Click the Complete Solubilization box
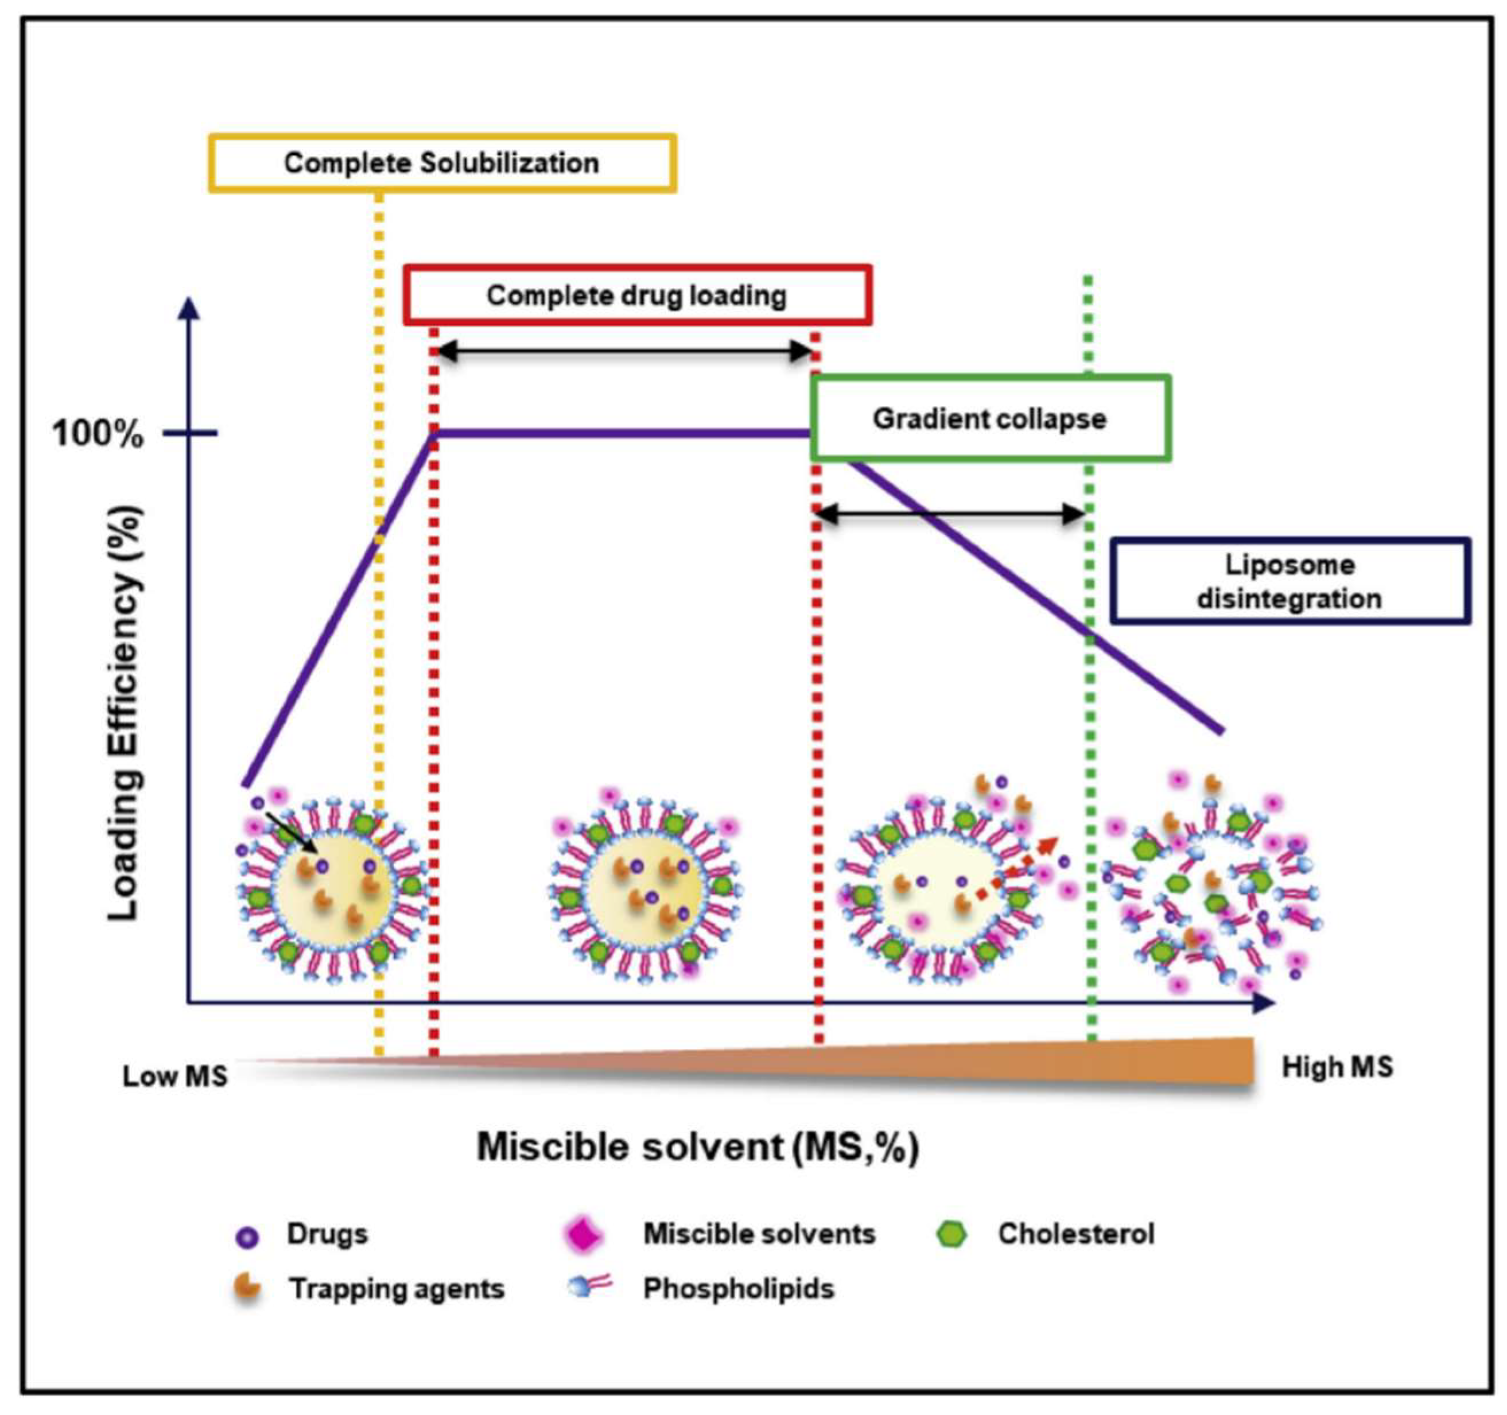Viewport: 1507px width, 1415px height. coord(442,163)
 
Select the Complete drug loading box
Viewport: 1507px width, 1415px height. coord(637,295)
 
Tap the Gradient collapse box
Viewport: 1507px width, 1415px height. coord(990,418)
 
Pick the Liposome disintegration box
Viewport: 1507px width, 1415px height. coord(1290,581)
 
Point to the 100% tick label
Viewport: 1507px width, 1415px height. coord(98,434)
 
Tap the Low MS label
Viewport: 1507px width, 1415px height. coord(175,1076)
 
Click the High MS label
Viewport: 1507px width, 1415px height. coord(1337,1067)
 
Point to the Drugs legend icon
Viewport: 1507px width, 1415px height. coord(248,1238)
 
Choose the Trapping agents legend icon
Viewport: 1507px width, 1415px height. coord(247,1288)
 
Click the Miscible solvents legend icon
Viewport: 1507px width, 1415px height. coord(584,1235)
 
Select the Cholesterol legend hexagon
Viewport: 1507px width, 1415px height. coord(951,1235)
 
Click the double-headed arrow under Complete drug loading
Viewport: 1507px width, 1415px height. coord(626,352)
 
